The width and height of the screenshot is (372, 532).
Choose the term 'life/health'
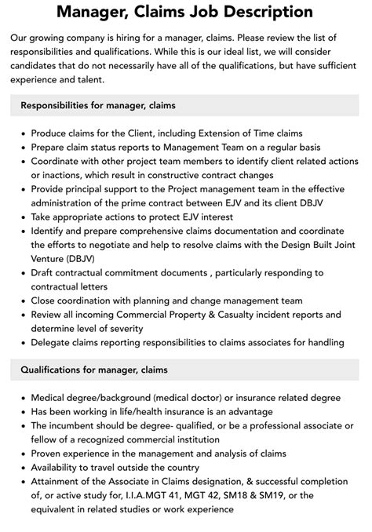(144, 411)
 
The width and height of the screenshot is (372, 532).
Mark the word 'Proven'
(49, 453)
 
